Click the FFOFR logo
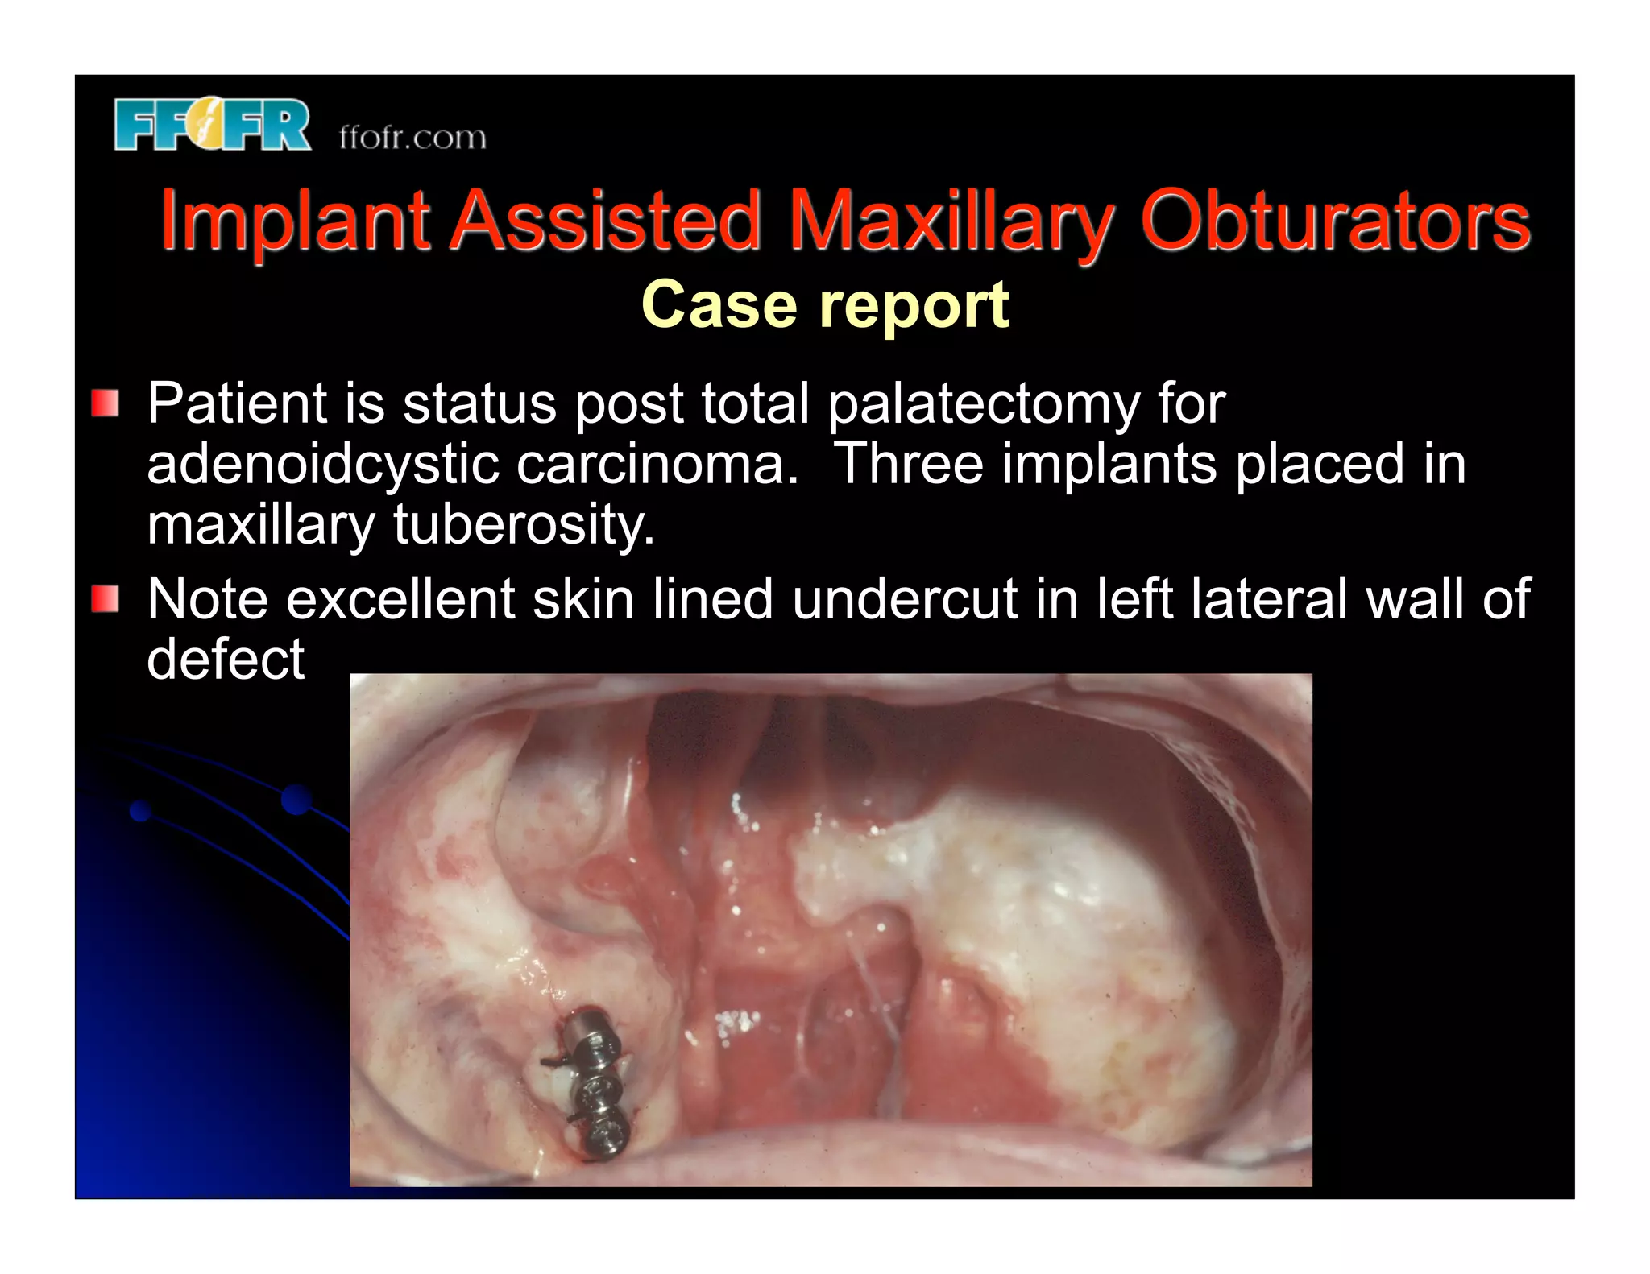(x=211, y=125)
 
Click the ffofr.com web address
(x=412, y=137)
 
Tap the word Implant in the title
(x=294, y=220)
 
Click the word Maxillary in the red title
(x=951, y=220)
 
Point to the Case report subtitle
(x=824, y=305)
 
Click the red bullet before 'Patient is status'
(x=106, y=403)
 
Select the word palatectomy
(x=983, y=404)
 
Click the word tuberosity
(x=524, y=525)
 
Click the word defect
(x=226, y=659)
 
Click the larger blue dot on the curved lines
(x=296, y=799)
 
